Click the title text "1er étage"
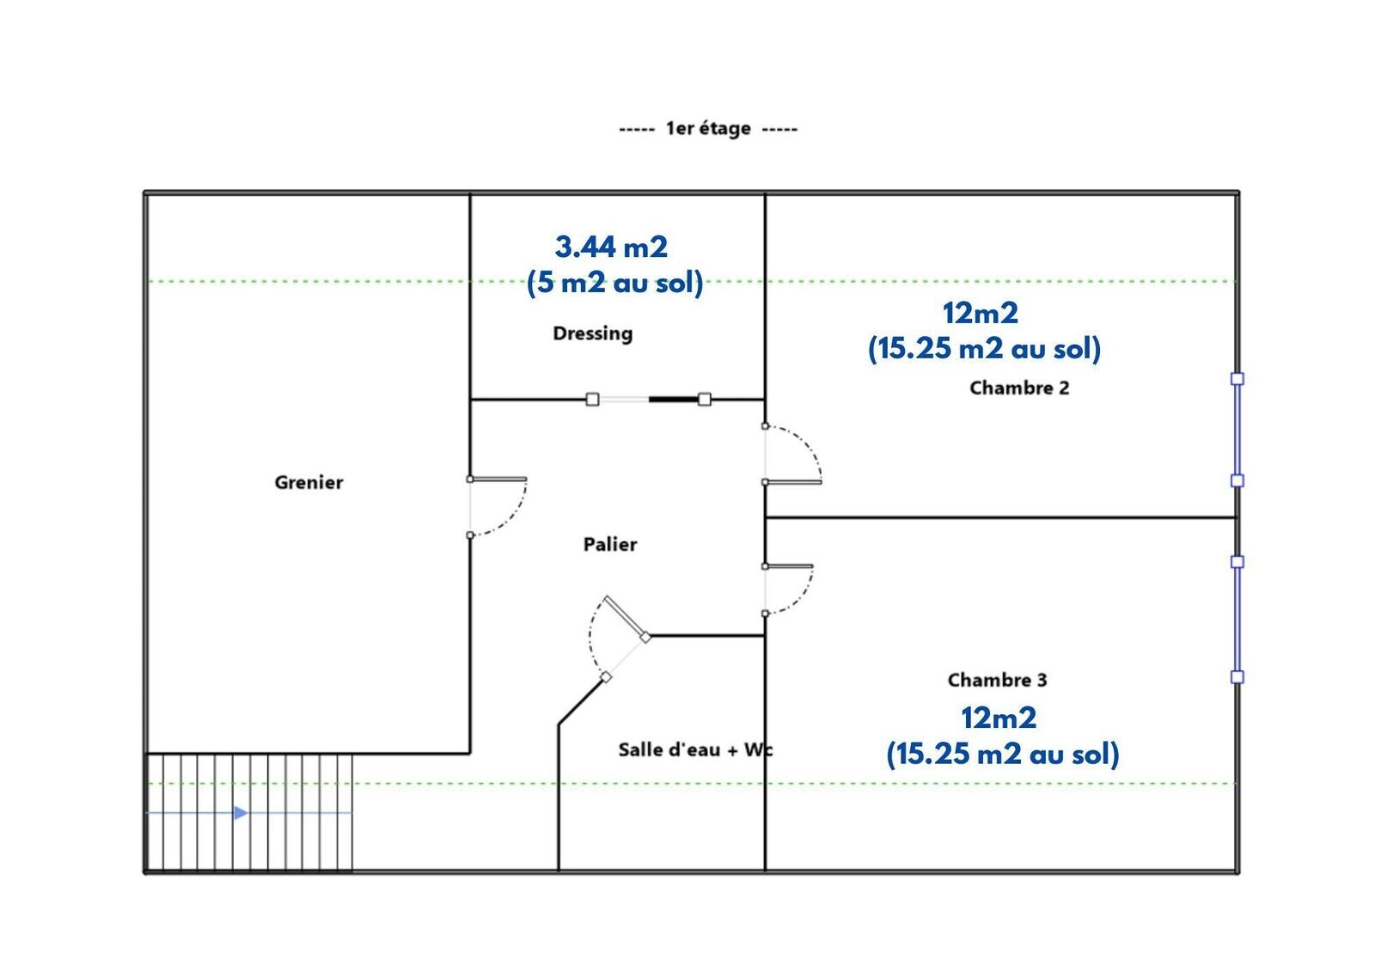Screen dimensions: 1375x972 (x=708, y=128)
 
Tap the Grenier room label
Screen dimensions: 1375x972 (x=309, y=483)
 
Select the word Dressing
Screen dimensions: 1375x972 (x=593, y=333)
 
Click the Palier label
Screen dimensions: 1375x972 (x=610, y=545)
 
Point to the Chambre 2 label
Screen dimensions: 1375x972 (x=1019, y=388)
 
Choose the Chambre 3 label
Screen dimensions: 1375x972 (x=998, y=681)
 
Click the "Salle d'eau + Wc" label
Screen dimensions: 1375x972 (x=695, y=749)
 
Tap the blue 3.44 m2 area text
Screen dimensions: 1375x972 (x=611, y=247)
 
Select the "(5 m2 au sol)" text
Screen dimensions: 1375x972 (x=614, y=283)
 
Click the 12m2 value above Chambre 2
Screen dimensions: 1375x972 (x=981, y=313)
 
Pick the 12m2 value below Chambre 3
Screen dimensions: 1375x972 (x=999, y=718)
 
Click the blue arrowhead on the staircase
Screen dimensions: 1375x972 (x=241, y=813)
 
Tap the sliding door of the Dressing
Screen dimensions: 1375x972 (x=649, y=400)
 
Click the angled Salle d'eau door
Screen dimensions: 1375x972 (x=626, y=617)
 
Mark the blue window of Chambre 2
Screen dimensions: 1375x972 (x=1237, y=430)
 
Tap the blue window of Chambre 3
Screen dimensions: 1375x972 (x=1237, y=620)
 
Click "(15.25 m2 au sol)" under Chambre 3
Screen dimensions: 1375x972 (x=1003, y=754)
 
